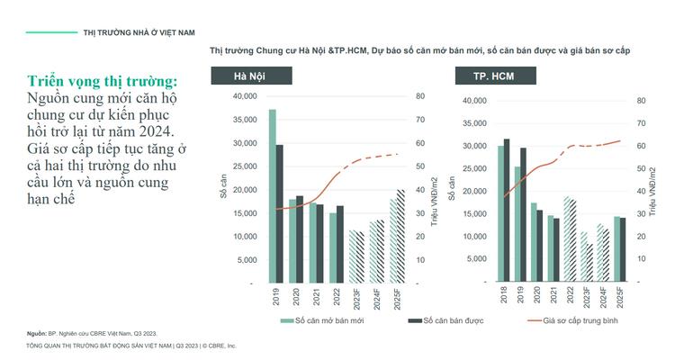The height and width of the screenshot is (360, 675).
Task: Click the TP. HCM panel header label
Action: click(x=493, y=76)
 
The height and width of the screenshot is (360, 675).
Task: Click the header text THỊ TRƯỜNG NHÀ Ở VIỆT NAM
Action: click(x=139, y=32)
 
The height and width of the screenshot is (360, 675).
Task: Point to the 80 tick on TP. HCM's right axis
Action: click(x=641, y=100)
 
